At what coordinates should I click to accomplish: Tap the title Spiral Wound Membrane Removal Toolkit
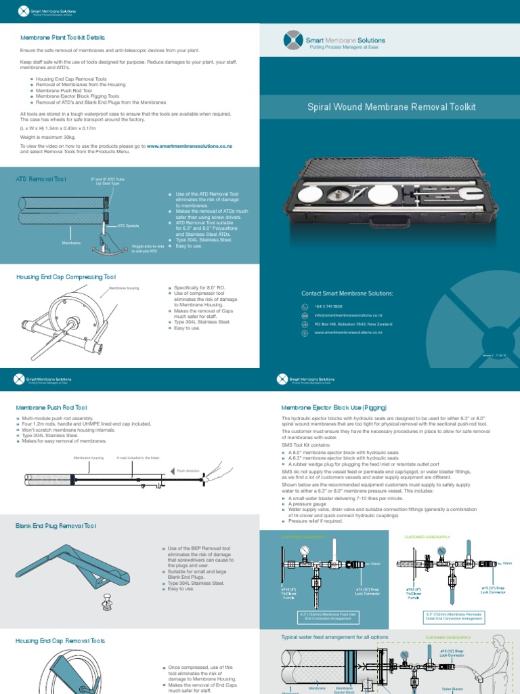coord(391,106)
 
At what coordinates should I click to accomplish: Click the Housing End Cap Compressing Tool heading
coord(66,277)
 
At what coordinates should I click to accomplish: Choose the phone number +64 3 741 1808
coord(328,306)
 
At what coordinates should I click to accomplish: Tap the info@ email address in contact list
coord(348,315)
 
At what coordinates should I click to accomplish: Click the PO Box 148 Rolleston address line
coord(362,324)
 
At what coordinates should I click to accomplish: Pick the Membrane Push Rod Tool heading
coord(52,407)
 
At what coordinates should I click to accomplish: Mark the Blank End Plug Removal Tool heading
coord(56,525)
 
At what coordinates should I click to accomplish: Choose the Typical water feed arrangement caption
coord(334,637)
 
